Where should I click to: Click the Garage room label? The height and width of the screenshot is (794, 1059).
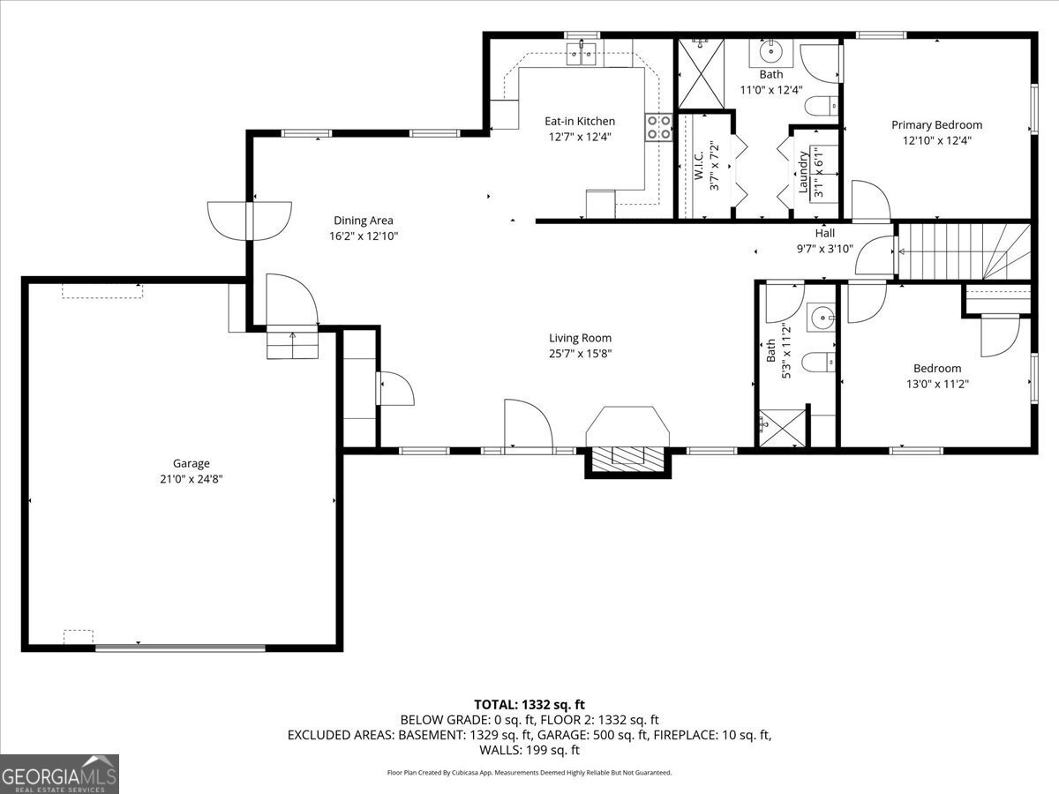[x=191, y=463]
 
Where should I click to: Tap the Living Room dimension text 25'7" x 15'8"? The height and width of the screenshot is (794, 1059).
[x=580, y=354]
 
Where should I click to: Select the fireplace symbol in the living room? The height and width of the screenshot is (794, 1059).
[x=628, y=455]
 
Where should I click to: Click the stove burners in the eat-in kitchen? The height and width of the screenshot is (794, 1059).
[x=657, y=127]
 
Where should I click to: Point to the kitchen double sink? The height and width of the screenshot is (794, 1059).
[x=582, y=55]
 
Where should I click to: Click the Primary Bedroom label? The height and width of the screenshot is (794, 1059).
[x=936, y=125]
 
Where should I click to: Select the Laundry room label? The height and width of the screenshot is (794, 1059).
[x=803, y=172]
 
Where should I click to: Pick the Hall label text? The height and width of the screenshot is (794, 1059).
[x=824, y=233]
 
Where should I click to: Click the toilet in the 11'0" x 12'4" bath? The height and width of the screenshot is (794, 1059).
[x=819, y=106]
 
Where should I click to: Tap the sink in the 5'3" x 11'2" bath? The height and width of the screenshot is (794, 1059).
[x=822, y=315]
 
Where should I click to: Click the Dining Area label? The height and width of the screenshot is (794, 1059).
[x=363, y=221]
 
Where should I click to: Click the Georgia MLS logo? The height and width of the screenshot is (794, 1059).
[x=59, y=774]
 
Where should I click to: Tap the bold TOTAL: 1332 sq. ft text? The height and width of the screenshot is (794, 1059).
[x=529, y=704]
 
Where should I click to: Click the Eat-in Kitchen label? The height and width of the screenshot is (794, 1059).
[x=579, y=121]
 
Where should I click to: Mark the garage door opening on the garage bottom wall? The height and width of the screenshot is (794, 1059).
[x=180, y=648]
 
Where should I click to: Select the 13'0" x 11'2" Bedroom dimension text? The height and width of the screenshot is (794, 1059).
[x=936, y=384]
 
